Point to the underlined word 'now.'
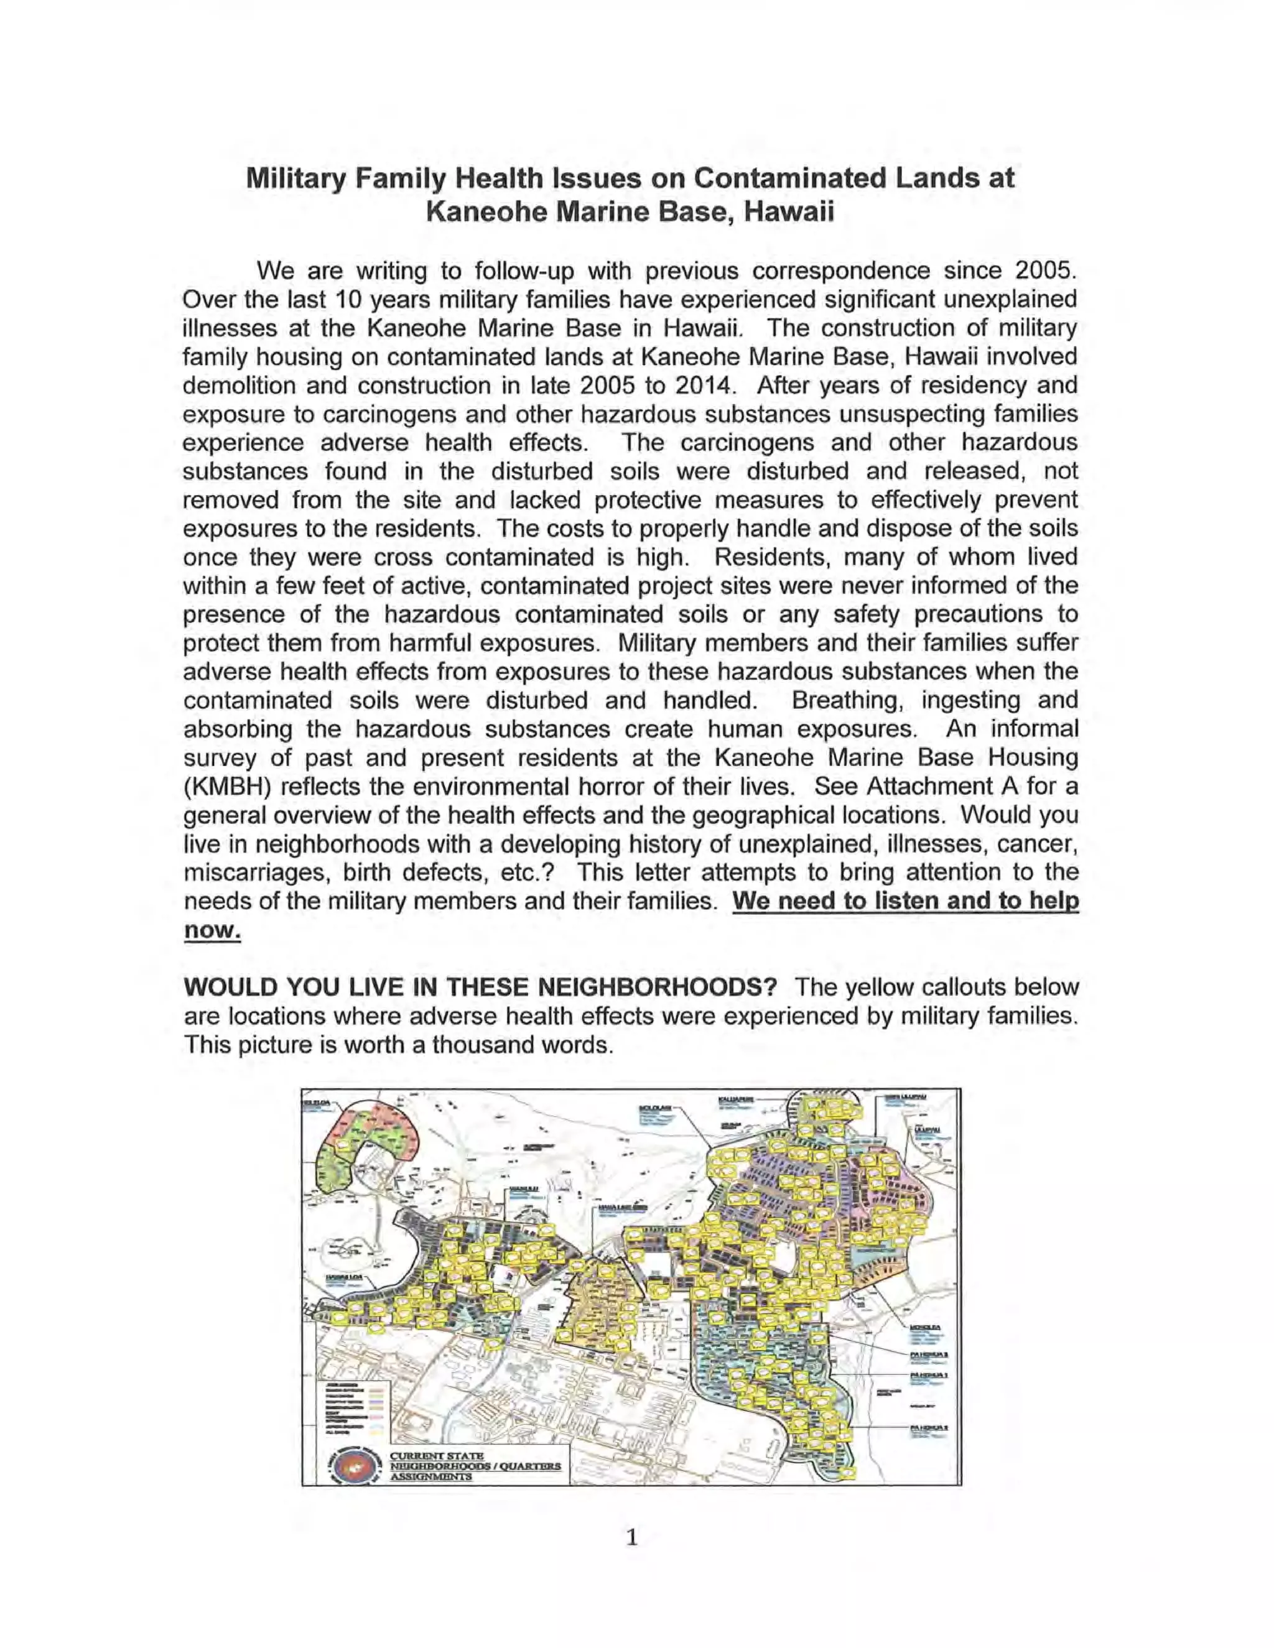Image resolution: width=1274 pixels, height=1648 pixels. [x=212, y=930]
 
